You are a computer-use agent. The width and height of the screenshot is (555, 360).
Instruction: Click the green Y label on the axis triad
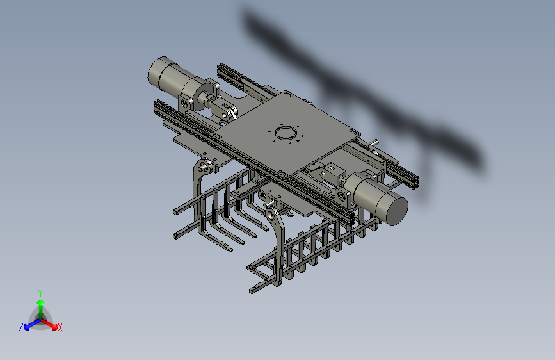pyautogui.click(x=40, y=293)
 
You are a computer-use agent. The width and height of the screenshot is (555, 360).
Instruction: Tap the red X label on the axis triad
pyautogui.click(x=60, y=328)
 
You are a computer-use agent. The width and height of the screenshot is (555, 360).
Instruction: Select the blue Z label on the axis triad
pyautogui.click(x=21, y=327)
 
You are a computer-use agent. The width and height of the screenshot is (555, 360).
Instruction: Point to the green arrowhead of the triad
pyautogui.click(x=41, y=302)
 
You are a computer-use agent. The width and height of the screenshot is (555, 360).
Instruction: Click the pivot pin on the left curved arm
pyautogui.click(x=204, y=166)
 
